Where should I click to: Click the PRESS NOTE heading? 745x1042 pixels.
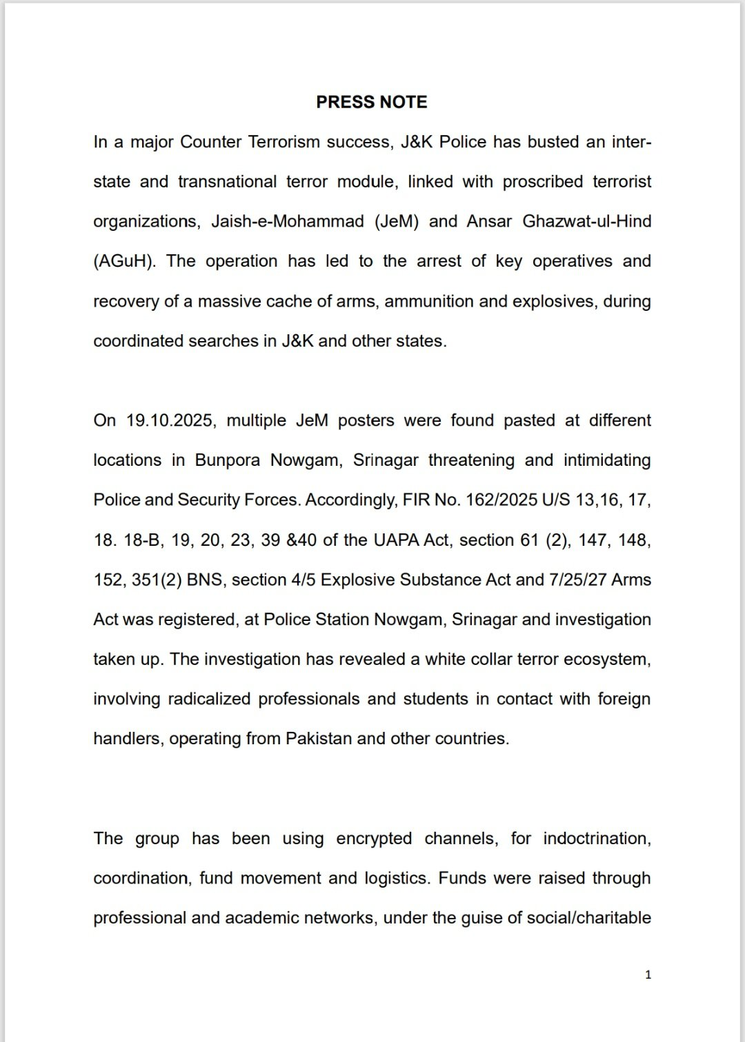coord(371,102)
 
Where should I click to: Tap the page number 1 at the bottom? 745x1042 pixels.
coord(648,974)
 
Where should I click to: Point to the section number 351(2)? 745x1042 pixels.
coord(157,580)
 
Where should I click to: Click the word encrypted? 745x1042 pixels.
coord(374,839)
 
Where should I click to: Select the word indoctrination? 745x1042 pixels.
coord(597,839)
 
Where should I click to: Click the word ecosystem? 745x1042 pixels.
coord(606,660)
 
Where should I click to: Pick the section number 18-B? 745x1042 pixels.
coord(142,540)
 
